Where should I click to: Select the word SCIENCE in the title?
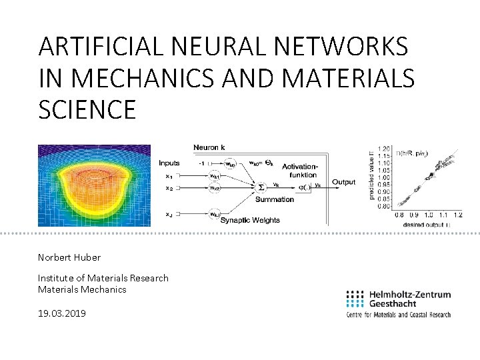pos(87,109)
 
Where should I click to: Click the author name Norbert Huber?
pos(69,257)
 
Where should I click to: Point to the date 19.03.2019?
pos(62,313)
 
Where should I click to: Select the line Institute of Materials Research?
pos(103,278)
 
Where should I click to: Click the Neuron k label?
pos(209,147)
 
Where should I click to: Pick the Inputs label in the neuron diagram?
pos(169,163)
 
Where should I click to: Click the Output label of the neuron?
pos(344,182)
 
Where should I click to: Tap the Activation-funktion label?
pos(300,170)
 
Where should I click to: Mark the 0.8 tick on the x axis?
pos(399,215)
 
